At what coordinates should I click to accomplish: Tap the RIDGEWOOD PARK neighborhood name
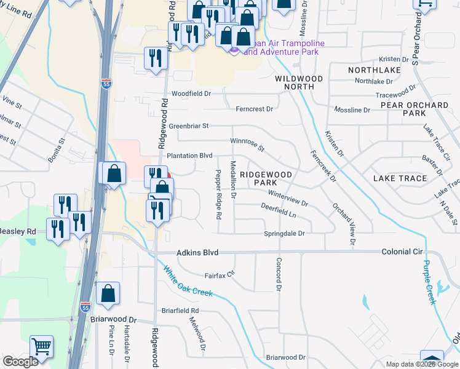coord(266,178)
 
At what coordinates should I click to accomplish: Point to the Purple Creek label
coord(429,282)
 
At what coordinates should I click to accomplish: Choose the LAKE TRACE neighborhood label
coord(400,178)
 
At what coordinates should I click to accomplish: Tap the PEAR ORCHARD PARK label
coord(414,109)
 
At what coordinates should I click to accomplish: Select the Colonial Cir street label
coord(402,252)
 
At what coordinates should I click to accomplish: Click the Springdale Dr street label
coord(285,234)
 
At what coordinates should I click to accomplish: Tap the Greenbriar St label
coord(189,125)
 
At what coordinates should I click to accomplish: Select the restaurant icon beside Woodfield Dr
coord(155,58)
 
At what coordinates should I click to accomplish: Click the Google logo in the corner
coord(20,362)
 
